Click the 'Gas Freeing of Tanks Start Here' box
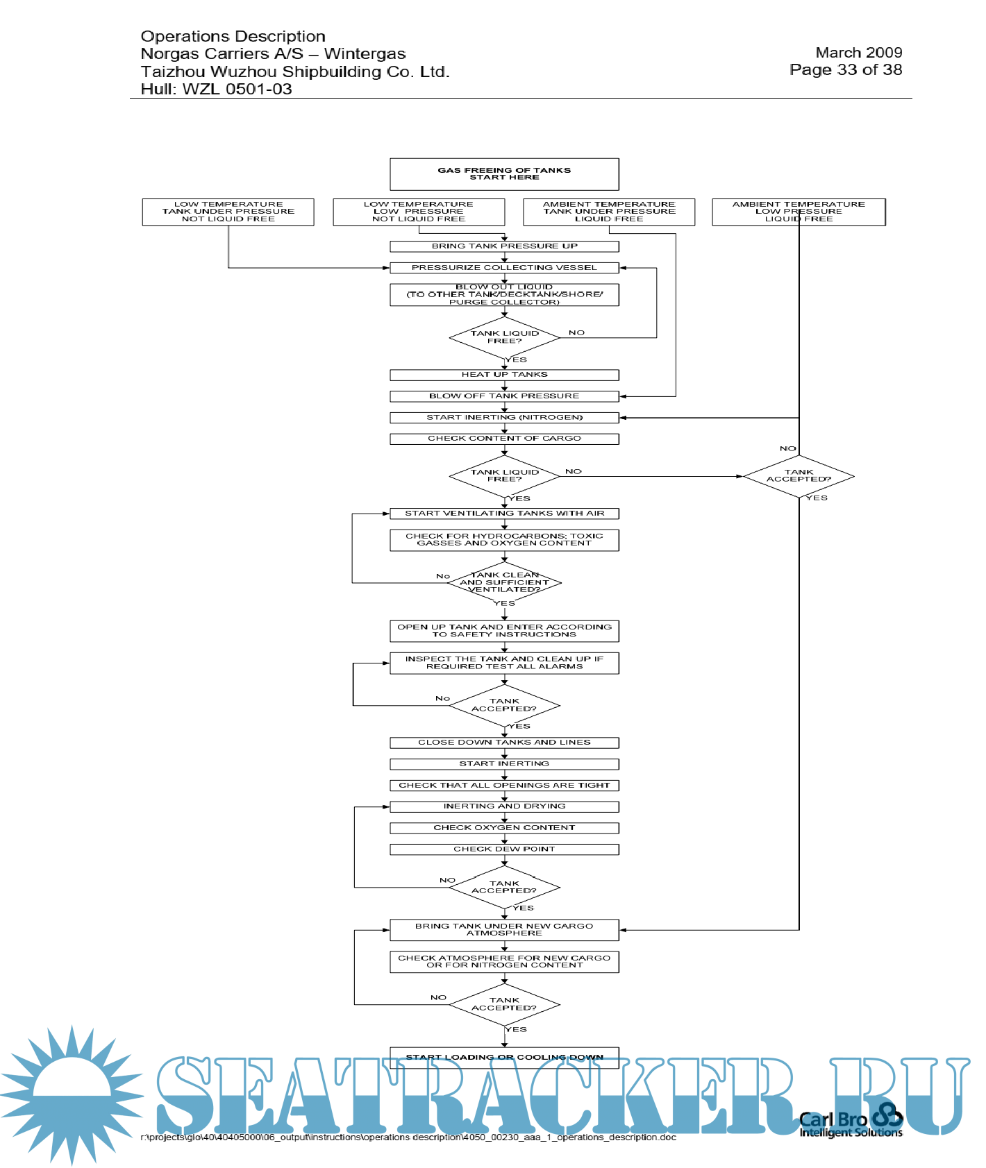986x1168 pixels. pyautogui.click(x=504, y=174)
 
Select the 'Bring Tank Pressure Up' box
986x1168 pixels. pyautogui.click(x=504, y=246)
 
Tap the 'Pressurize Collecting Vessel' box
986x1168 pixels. pyautogui.click(x=504, y=268)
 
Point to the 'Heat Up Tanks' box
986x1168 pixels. pyautogui.click(x=504, y=375)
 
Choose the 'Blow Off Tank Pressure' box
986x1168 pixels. pyautogui.click(x=504, y=396)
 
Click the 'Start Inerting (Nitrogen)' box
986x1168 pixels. pyautogui.click(x=504, y=418)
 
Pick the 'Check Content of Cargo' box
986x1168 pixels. pyautogui.click(x=504, y=439)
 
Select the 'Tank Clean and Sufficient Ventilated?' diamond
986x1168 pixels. pyautogui.click(x=505, y=583)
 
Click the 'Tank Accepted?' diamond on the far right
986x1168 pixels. pyautogui.click(x=799, y=476)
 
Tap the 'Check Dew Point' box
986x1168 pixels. pyautogui.click(x=504, y=849)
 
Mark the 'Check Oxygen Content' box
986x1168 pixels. pyautogui.click(x=504, y=828)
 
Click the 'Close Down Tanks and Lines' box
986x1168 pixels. pyautogui.click(x=504, y=743)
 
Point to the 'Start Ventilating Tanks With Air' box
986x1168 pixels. pyautogui.click(x=504, y=514)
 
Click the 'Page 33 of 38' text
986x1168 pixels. pyautogui.click(x=846, y=70)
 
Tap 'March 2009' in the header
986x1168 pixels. pyautogui.click(x=858, y=53)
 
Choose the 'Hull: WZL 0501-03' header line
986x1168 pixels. pyautogui.click(x=216, y=90)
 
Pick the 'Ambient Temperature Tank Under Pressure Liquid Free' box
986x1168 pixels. pyautogui.click(x=609, y=212)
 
